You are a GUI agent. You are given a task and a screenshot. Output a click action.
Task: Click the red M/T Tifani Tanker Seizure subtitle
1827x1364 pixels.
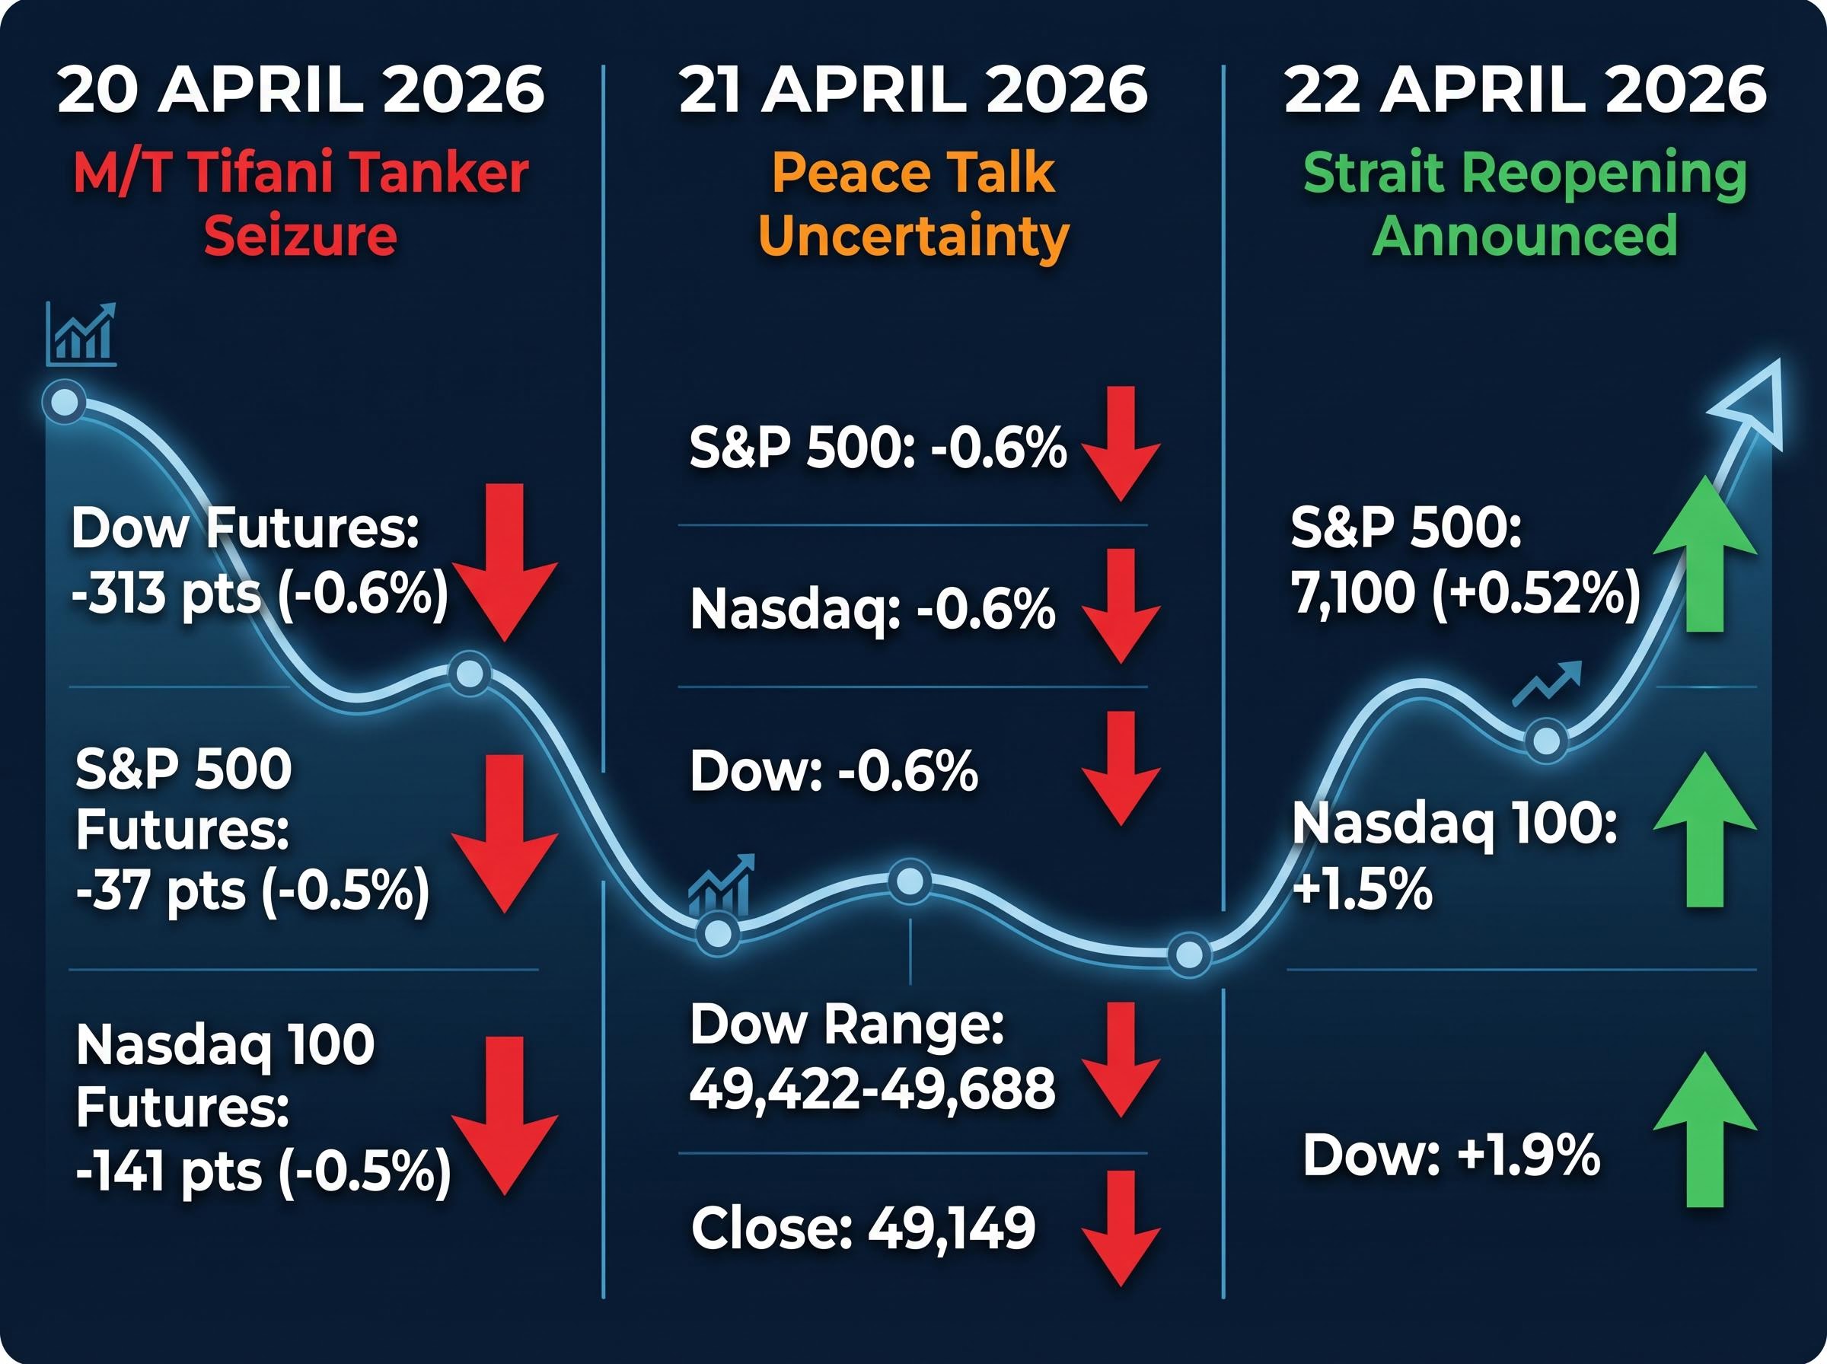pos(301,204)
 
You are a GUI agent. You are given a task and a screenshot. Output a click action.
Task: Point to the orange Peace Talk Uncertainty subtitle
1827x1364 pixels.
pos(913,204)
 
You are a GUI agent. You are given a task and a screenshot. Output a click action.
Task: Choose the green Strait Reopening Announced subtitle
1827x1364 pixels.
pos(1525,204)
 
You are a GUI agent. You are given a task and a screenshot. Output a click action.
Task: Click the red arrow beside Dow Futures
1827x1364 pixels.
pos(505,562)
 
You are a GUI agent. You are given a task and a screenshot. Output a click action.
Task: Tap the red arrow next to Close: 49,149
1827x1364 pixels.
pos(1121,1229)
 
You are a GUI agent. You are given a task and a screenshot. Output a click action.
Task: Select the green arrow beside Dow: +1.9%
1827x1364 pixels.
pos(1704,1130)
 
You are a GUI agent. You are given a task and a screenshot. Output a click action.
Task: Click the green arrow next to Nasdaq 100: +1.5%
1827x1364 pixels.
pos(1704,829)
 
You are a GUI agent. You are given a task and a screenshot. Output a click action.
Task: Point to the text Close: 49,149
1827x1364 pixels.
pos(862,1228)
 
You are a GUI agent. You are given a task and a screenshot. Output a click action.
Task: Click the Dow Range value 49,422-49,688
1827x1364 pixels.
pos(872,1088)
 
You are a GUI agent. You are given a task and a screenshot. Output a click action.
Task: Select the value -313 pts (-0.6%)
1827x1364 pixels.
pos(260,593)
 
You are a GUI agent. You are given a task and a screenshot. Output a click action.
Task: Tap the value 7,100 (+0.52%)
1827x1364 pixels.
pos(1466,593)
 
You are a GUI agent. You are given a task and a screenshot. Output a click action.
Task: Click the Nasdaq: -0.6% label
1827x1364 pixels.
pos(872,610)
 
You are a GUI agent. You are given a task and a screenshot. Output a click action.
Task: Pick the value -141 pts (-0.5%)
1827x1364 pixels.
pos(263,1171)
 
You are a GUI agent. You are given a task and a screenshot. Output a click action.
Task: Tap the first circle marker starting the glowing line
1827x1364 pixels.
pos(65,403)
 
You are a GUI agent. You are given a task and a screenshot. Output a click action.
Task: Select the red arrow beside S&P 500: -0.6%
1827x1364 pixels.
pos(1121,444)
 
